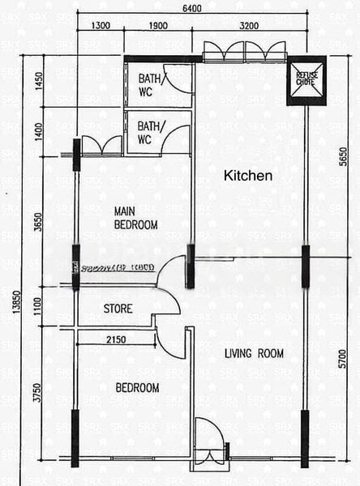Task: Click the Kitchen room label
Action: click(247, 175)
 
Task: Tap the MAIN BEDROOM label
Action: click(135, 218)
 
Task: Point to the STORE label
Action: click(118, 309)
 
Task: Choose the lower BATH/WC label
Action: click(148, 133)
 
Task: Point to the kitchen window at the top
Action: click(244, 52)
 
